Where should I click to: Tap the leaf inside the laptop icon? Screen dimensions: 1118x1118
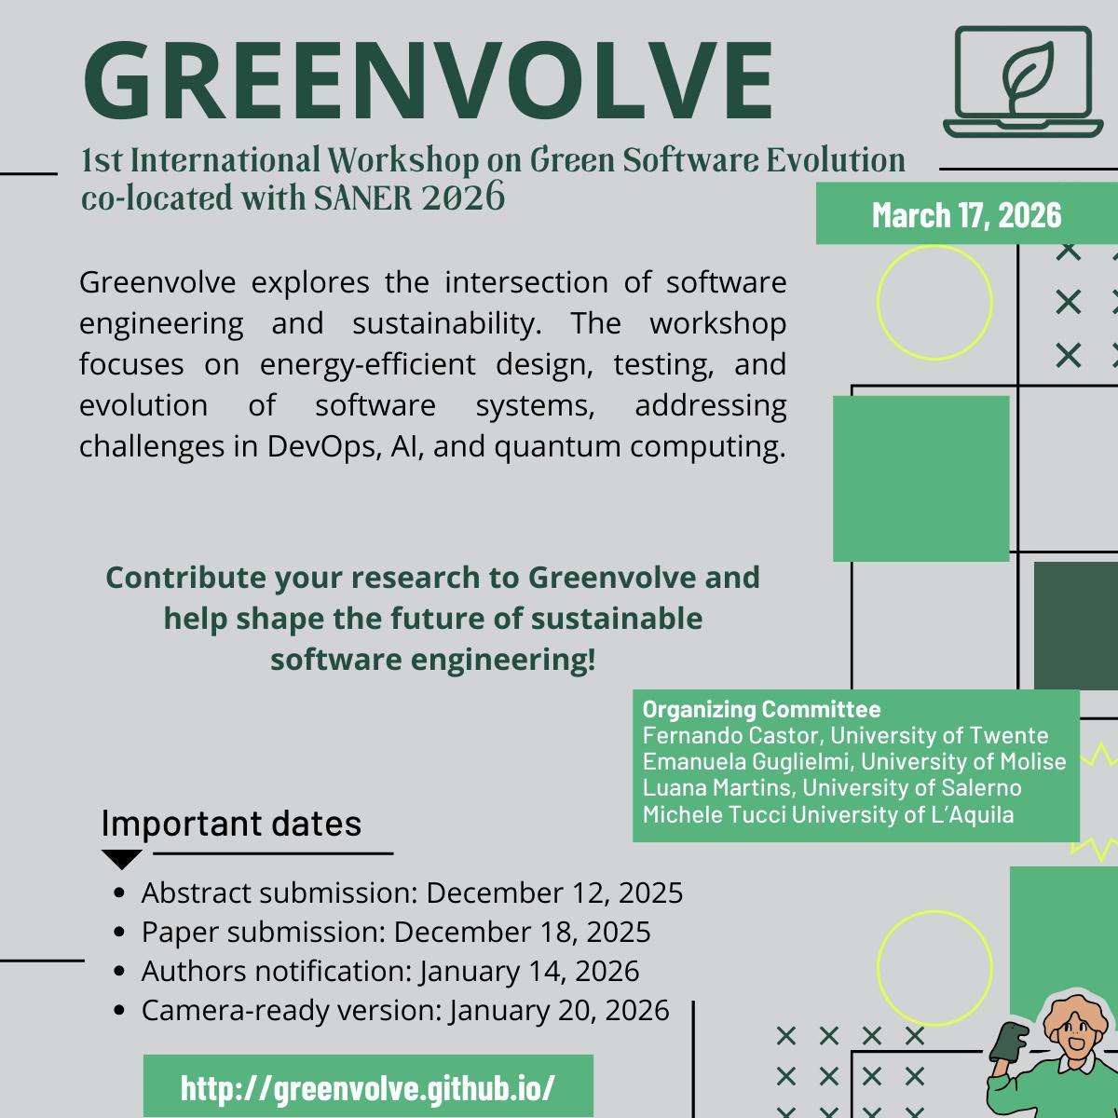click(x=1022, y=74)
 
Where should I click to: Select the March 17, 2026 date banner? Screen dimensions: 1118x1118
click(x=966, y=215)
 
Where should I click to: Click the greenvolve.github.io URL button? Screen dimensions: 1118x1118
click(x=368, y=1086)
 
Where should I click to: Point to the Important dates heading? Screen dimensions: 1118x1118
click(x=231, y=824)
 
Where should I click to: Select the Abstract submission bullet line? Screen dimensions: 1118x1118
click(x=412, y=893)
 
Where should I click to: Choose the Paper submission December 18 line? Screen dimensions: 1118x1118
click(x=396, y=932)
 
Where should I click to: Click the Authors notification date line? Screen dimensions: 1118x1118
click(x=390, y=971)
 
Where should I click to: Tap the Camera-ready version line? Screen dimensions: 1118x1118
click(x=405, y=1010)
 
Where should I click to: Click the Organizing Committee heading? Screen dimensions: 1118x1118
click(x=761, y=708)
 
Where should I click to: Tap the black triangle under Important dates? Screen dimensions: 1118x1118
click(x=121, y=859)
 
